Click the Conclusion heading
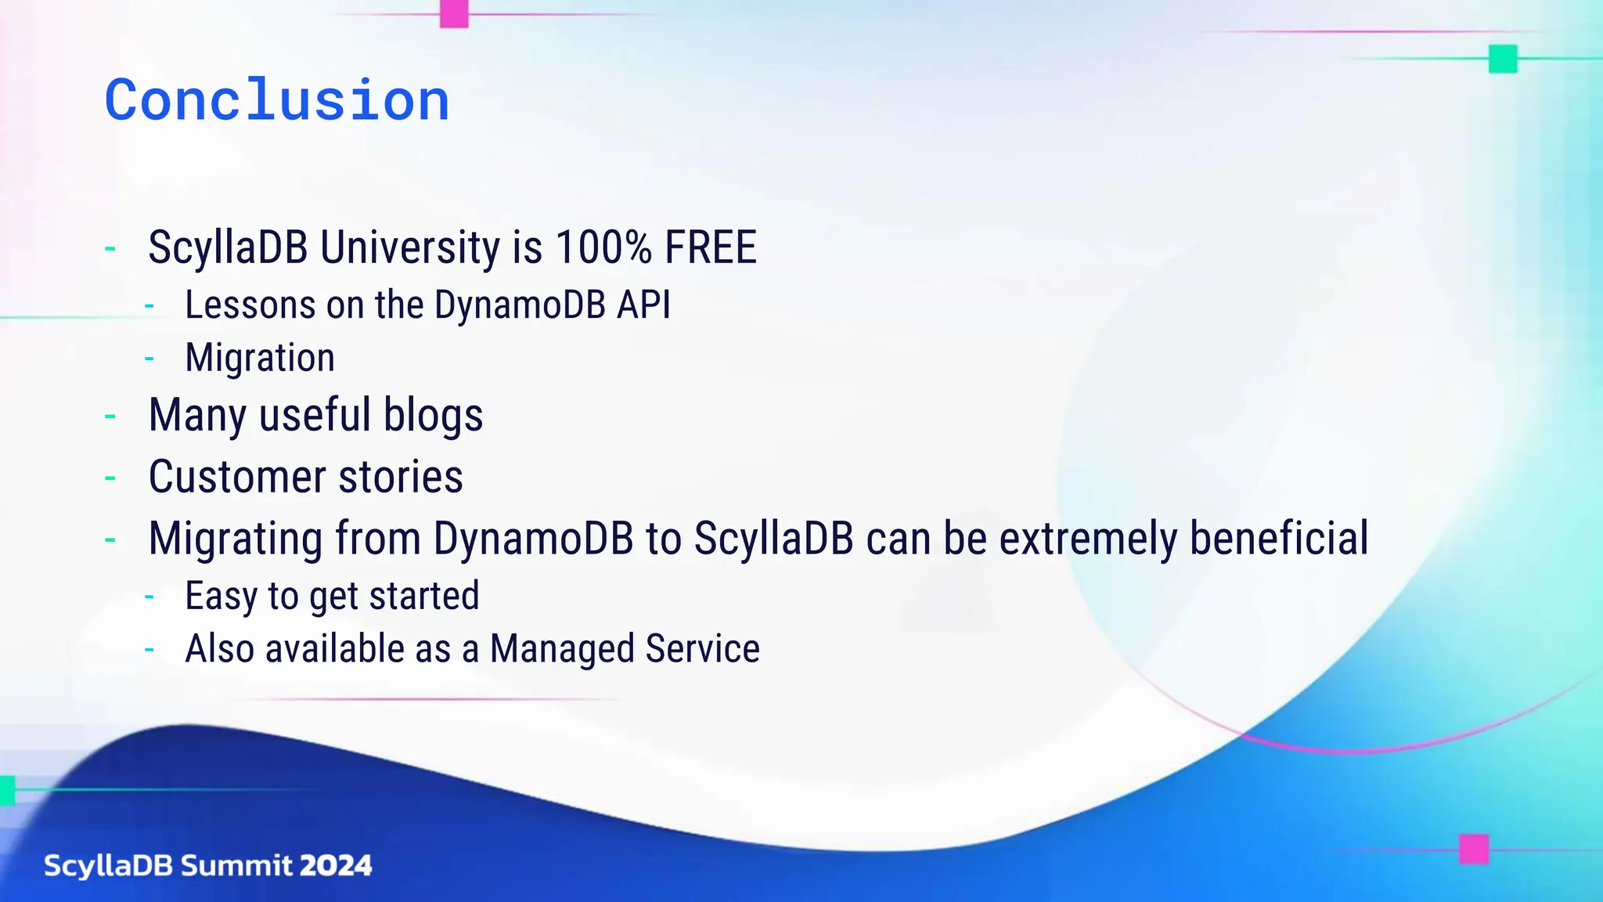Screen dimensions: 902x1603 (x=277, y=100)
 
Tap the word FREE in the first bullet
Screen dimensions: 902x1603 (x=710, y=247)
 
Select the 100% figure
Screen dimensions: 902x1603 (x=603, y=247)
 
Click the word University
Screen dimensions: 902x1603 (x=410, y=247)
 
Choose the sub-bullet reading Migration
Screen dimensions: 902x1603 (x=260, y=358)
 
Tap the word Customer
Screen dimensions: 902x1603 (x=237, y=477)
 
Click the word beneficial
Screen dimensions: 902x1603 (x=1279, y=539)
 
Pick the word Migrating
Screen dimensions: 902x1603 (x=236, y=539)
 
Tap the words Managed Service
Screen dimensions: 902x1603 (x=625, y=649)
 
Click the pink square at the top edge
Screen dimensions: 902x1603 (x=454, y=13)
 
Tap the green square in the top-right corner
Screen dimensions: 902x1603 (x=1502, y=59)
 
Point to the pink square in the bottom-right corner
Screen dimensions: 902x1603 (x=1473, y=849)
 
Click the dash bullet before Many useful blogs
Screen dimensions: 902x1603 (x=110, y=417)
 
